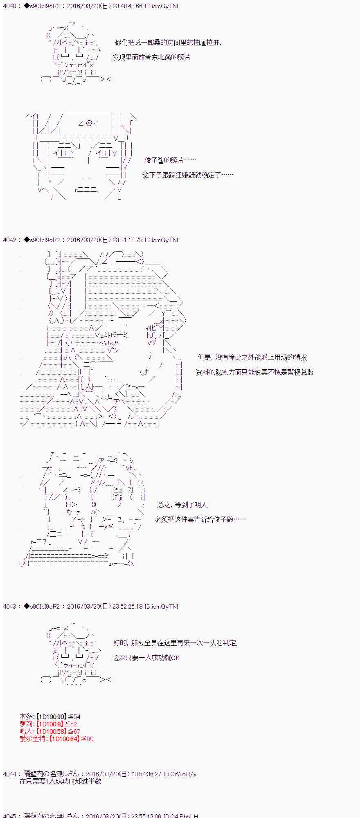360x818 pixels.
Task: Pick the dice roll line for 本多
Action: point(50,717)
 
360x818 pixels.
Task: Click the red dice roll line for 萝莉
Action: point(48,724)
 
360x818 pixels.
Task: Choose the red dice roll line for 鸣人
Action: point(50,731)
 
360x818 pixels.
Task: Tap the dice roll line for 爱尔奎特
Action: point(56,739)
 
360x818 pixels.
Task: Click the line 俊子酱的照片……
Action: point(170,160)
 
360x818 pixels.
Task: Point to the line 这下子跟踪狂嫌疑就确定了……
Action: point(188,175)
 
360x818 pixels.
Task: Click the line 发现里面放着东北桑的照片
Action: point(151,57)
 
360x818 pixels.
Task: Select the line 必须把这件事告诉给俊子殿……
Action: point(200,519)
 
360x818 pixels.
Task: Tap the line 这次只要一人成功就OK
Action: point(146,658)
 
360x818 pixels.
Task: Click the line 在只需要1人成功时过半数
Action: point(61,781)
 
